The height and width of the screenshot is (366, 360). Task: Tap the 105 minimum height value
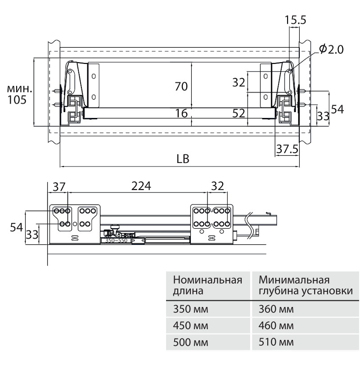tap(17, 99)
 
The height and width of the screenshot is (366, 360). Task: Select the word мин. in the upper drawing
tap(18, 88)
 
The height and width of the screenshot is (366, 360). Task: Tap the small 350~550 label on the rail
tap(117, 241)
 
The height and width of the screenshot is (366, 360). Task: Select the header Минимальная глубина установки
tap(305, 285)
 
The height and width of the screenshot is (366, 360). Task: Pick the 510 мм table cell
tap(276, 342)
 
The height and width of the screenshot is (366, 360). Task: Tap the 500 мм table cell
tap(189, 342)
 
